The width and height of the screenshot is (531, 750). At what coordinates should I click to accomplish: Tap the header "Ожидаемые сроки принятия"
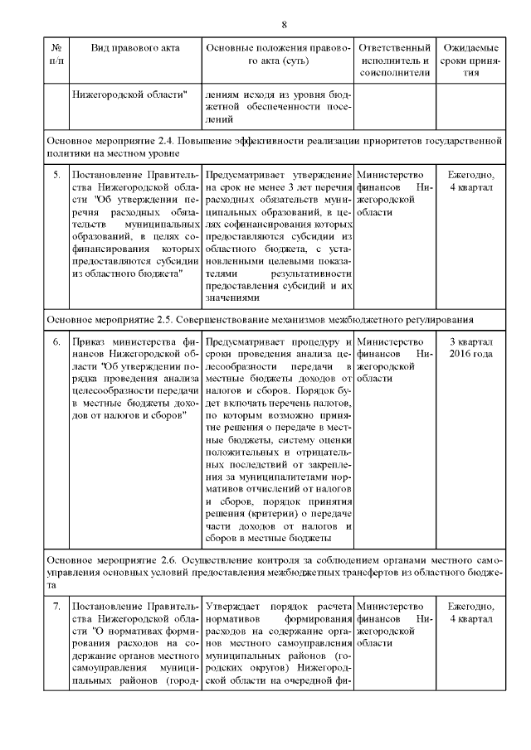tap(470, 60)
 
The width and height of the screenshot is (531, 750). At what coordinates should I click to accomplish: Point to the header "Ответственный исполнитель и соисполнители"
tap(394, 60)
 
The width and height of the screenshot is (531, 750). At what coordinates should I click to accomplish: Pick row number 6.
tap(56, 341)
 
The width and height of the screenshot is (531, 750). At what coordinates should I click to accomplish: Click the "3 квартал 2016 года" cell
tap(470, 347)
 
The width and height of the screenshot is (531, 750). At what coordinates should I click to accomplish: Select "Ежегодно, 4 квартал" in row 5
tap(470, 181)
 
